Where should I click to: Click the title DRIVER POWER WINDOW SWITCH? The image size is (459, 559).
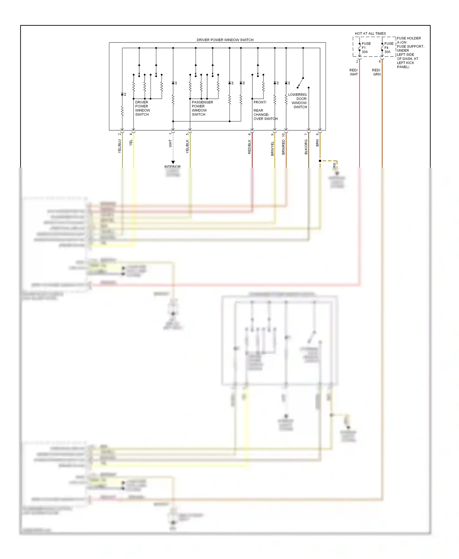[x=225, y=40]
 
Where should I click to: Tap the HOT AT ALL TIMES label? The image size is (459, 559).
[x=370, y=33]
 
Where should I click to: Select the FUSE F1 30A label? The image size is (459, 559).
[x=366, y=48]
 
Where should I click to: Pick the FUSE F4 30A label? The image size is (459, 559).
[x=389, y=48]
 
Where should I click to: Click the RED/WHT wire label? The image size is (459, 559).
[x=354, y=72]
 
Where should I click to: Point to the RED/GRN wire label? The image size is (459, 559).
[x=376, y=72]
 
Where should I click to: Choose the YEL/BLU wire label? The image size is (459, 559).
[x=120, y=146]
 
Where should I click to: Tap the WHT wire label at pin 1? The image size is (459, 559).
[x=170, y=143]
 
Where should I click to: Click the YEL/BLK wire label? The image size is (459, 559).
[x=187, y=146]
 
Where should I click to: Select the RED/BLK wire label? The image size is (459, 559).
[x=249, y=147]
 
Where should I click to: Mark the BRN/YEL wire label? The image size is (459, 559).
[x=272, y=148]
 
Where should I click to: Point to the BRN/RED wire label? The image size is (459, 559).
[x=283, y=147]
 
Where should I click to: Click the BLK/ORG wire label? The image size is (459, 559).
[x=306, y=147]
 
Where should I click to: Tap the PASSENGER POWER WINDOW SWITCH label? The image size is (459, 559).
[x=202, y=108]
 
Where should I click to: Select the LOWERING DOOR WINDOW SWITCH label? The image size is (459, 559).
[x=298, y=101]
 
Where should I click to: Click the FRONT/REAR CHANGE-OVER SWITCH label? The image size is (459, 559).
[x=265, y=110]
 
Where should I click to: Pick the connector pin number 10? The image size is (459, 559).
[x=283, y=135]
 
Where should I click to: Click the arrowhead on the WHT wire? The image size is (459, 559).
[x=173, y=162]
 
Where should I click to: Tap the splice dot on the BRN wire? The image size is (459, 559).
[x=320, y=161]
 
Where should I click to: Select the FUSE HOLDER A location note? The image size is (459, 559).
[x=410, y=52]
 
